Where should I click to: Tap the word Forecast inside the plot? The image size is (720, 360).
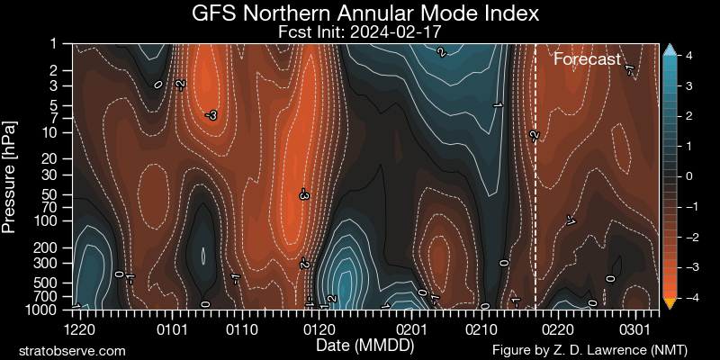pos(587,60)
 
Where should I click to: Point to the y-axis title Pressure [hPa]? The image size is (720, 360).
pos(11,175)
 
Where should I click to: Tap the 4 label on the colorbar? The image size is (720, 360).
pos(688,55)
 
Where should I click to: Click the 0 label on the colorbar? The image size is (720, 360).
pos(688,176)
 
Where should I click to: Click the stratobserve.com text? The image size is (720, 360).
pos(72,349)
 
